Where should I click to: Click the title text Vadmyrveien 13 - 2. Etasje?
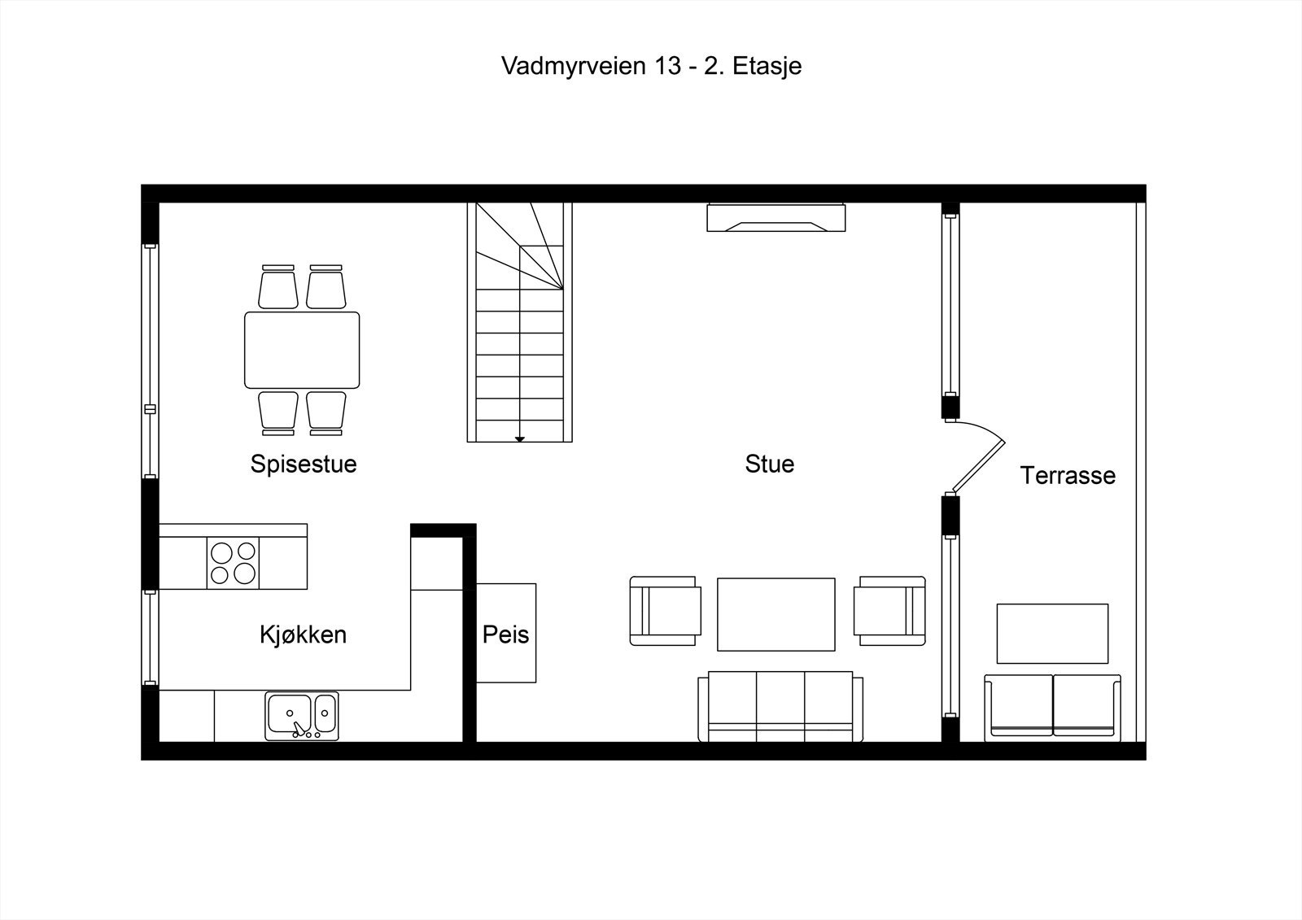coord(651,66)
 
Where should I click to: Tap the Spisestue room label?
coord(304,464)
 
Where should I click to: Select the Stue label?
coord(769,464)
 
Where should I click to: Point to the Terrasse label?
coord(1068,475)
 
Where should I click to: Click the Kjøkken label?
coord(303,634)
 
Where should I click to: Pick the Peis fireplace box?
coord(505,633)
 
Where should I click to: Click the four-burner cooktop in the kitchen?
coord(234,563)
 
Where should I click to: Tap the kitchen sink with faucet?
coord(301,716)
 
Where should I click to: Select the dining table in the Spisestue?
coord(302,350)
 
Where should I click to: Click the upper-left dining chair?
coord(278,287)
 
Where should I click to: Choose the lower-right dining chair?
coord(326,412)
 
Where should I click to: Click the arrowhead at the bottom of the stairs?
coord(519,439)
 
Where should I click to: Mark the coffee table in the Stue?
coord(776,615)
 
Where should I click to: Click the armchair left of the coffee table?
coord(665,611)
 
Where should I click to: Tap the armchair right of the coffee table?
coord(889,611)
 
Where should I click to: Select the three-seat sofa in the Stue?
coord(780,706)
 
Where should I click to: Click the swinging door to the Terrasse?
coord(981,460)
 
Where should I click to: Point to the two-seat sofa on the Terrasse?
coord(1052,706)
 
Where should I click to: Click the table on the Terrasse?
coord(1052,634)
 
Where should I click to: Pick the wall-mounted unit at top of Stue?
coord(776,218)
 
